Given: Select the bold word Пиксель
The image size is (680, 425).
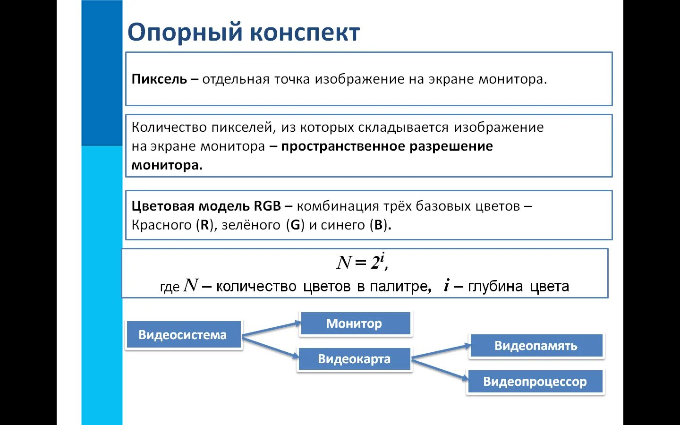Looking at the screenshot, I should tap(159, 79).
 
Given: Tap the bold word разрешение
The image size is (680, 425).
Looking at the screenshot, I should tap(451, 146).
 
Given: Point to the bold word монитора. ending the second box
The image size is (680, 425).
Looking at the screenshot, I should tap(167, 165).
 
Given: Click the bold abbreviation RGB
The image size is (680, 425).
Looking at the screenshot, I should tap(267, 206).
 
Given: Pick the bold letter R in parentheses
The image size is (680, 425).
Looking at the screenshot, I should tap(204, 225).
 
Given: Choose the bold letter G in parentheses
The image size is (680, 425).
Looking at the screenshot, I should tap(295, 225).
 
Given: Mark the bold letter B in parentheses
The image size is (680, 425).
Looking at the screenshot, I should tap(378, 225).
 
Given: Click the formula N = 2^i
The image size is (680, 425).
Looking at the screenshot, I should tap(362, 262).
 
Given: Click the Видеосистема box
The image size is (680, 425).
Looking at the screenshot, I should tap(183, 335).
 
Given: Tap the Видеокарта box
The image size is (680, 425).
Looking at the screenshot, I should tap(354, 359).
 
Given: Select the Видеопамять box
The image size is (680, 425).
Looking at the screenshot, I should tap(536, 346).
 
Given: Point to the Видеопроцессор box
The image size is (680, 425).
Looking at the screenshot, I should tap(535, 382).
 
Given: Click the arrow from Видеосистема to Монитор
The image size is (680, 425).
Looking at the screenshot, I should tap(272, 329).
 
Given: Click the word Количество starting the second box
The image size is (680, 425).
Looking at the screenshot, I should tap(169, 127).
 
